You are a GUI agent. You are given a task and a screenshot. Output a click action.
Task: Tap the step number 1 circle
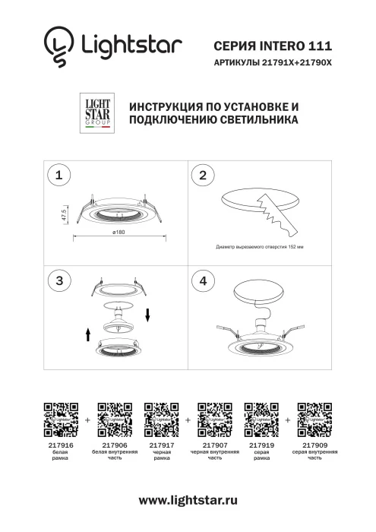pyautogui.click(x=58, y=176)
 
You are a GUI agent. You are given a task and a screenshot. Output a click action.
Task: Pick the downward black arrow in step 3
pyautogui.click(x=149, y=315)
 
